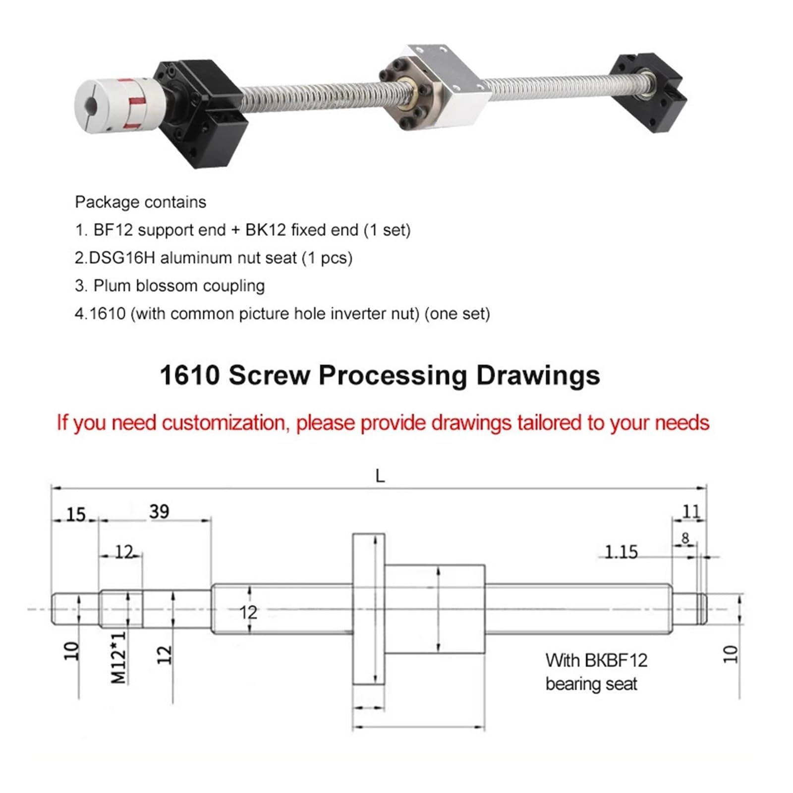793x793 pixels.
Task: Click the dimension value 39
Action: click(x=159, y=511)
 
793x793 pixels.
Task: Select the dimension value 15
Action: click(x=76, y=514)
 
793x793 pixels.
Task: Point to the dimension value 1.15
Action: click(x=621, y=552)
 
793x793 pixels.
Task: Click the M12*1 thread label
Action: click(x=119, y=657)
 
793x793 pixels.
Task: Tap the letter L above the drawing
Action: click(x=380, y=476)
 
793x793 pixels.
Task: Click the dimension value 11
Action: click(x=691, y=511)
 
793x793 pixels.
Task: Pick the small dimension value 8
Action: click(x=685, y=538)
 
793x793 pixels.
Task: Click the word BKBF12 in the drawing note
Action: click(x=616, y=660)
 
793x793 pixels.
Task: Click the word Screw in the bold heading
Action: click(x=269, y=375)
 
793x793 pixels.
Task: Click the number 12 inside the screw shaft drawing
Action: click(x=248, y=613)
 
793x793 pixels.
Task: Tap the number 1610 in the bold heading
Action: click(x=190, y=375)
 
